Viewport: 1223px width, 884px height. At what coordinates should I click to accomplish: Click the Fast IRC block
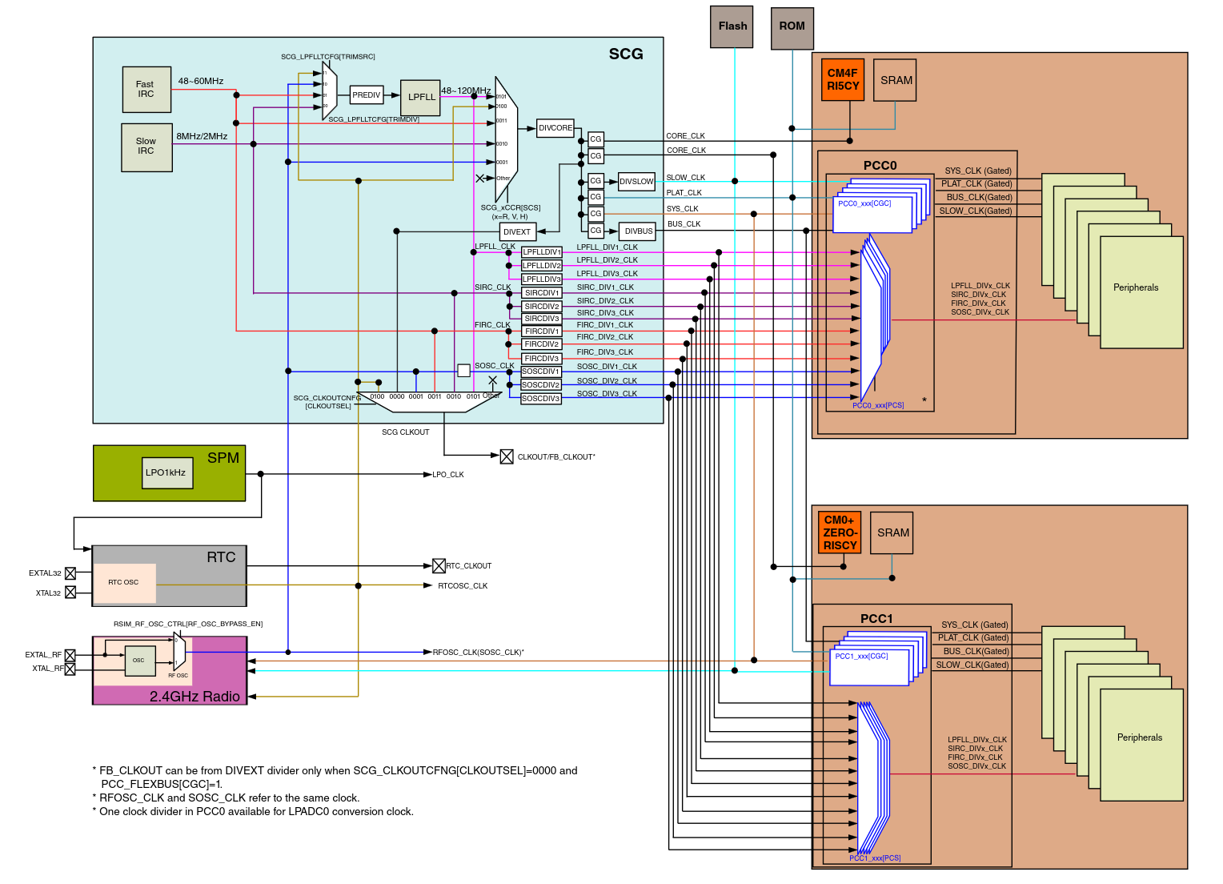coord(146,89)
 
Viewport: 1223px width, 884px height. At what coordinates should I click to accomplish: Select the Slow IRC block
coord(146,147)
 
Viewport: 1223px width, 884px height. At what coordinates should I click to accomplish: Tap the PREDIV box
coord(367,95)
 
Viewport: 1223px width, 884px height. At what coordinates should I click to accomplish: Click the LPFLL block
coord(421,97)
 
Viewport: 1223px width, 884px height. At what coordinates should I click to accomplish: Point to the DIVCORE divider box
coord(555,128)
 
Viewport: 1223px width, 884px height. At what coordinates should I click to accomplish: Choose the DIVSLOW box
coord(636,182)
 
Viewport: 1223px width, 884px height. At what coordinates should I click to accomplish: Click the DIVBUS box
coord(639,231)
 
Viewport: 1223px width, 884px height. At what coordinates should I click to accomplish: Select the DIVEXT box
coord(517,232)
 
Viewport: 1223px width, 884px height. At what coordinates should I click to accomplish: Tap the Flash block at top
coord(732,26)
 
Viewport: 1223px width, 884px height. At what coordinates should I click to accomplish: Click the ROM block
coord(792,26)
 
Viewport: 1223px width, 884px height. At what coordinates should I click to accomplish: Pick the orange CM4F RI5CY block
coord(843,79)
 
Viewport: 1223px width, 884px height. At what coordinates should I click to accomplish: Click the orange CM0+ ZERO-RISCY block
coord(840,532)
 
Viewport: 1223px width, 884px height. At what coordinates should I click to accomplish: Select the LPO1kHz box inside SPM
coord(166,472)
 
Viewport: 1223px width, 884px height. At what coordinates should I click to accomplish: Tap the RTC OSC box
coord(124,583)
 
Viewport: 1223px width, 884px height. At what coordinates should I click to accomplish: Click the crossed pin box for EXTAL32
coord(70,573)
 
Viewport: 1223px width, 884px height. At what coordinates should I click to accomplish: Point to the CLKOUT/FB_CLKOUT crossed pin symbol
coord(507,457)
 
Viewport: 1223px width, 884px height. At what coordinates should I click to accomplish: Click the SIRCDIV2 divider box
coord(542,307)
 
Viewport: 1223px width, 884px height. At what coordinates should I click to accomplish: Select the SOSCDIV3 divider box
coord(541,399)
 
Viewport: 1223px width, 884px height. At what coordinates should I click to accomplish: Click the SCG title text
coord(626,54)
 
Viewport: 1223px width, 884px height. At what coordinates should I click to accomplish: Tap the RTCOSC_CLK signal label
coord(463,586)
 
